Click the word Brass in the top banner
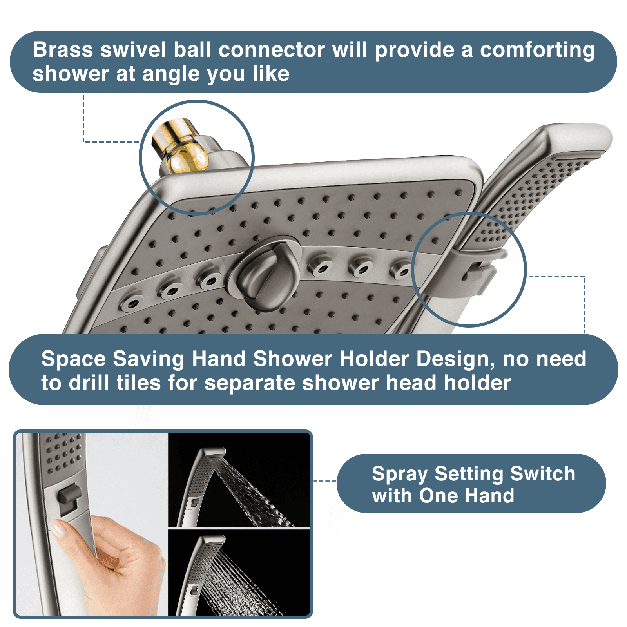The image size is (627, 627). tap(63, 50)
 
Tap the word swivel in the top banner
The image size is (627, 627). tap(133, 50)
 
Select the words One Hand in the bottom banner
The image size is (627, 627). tap(466, 495)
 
